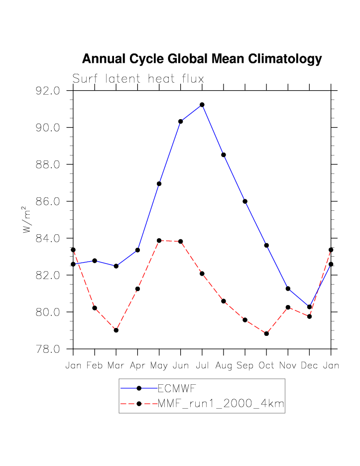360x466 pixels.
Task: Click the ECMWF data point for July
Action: (202, 105)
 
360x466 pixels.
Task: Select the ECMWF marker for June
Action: (181, 122)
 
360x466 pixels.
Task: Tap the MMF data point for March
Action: (116, 330)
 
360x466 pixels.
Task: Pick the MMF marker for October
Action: (266, 333)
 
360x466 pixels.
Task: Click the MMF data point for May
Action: (159, 241)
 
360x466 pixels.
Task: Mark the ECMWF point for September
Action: (245, 201)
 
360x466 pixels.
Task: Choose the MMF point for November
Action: (288, 308)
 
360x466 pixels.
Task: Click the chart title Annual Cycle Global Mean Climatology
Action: (202, 59)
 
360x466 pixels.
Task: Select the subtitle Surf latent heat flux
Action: (138, 79)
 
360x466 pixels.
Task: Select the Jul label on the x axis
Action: (202, 366)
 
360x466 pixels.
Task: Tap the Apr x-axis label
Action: (137, 366)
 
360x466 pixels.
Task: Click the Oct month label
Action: (266, 366)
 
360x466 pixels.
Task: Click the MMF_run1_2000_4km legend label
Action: (221, 404)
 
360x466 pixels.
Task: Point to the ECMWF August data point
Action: (224, 155)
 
